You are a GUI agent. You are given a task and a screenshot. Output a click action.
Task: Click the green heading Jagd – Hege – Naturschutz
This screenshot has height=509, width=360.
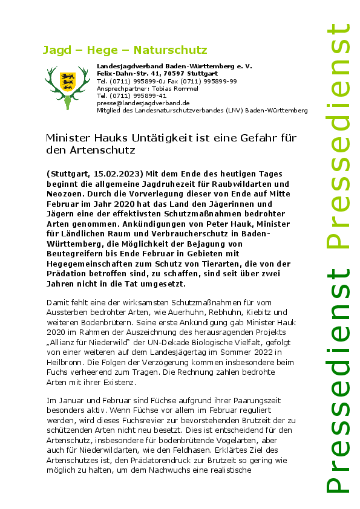125,50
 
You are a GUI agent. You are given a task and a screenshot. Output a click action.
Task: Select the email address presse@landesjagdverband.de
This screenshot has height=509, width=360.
143,103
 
